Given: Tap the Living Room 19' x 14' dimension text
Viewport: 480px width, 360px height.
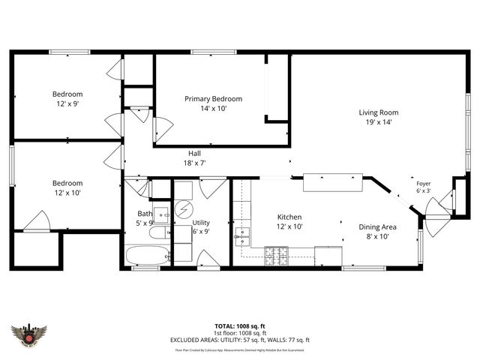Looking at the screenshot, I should (x=379, y=121).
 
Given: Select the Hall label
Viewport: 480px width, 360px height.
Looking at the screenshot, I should (x=194, y=153).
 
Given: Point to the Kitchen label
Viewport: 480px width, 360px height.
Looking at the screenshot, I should (x=289, y=217).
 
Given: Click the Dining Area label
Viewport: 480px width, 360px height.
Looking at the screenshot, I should (x=378, y=226).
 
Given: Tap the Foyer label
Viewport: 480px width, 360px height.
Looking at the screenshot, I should (x=424, y=182).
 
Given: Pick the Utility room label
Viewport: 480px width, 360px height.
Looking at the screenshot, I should (x=201, y=223).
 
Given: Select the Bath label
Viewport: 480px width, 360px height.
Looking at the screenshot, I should (x=144, y=214).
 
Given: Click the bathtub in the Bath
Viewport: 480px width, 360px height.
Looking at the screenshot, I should (x=147, y=256).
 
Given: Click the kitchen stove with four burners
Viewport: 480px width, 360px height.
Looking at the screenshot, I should (x=275, y=259).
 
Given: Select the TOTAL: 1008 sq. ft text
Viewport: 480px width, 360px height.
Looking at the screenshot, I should (x=240, y=326).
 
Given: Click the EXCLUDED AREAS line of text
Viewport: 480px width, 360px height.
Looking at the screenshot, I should (x=240, y=340).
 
